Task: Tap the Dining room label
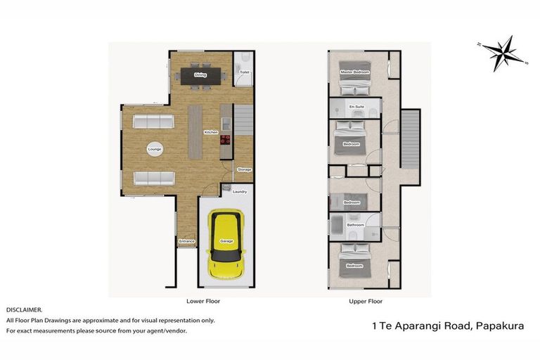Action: click(x=200, y=75)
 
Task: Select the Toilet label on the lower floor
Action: click(x=244, y=72)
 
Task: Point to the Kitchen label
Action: click(x=210, y=132)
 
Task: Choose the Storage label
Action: click(x=244, y=169)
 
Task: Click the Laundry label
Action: click(x=239, y=191)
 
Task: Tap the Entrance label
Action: click(x=186, y=241)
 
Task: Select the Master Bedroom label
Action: click(x=355, y=72)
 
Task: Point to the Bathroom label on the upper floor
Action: click(x=354, y=225)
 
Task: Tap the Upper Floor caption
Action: click(x=366, y=301)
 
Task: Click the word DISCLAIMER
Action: click(x=25, y=309)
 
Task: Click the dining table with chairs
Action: click(x=200, y=77)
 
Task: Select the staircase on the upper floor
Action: click(x=410, y=138)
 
